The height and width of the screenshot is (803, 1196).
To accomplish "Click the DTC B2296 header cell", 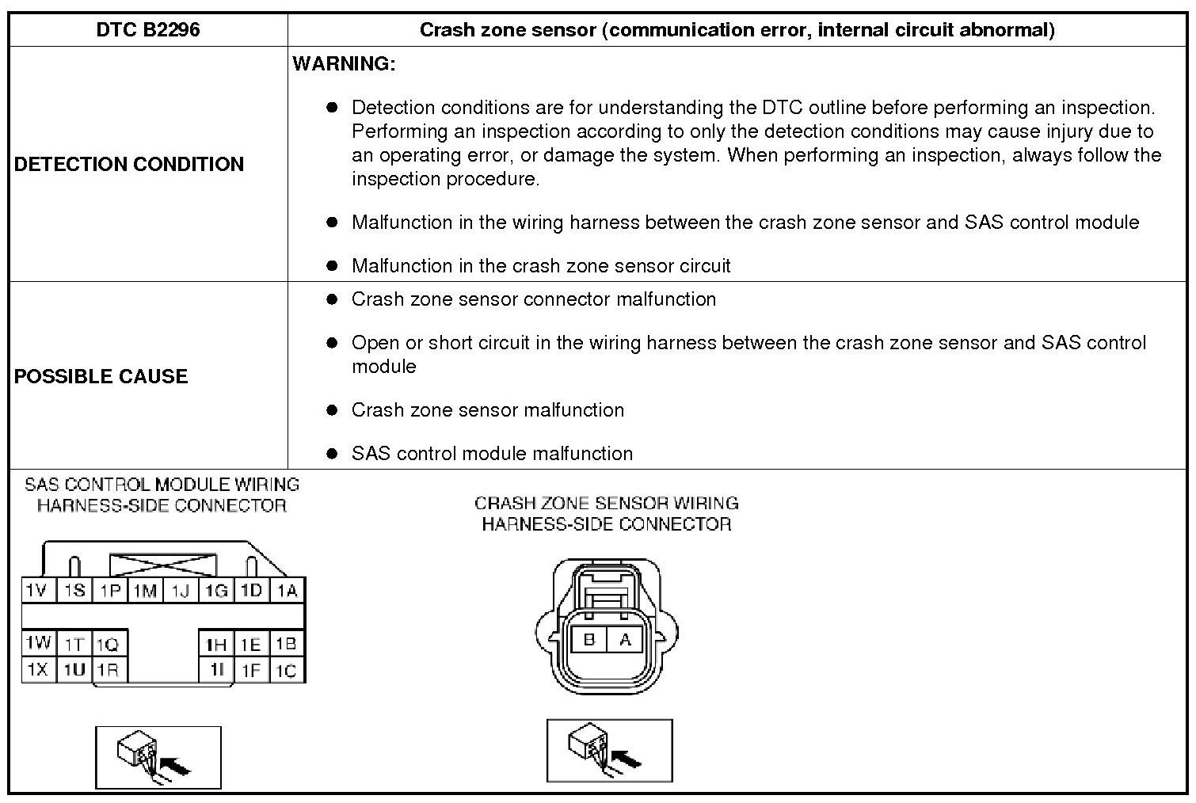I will tap(148, 30).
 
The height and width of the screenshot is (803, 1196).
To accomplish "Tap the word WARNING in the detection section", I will tap(344, 64).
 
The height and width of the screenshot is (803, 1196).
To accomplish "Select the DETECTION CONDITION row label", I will tap(129, 164).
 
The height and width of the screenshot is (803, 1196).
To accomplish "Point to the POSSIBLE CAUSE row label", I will tap(101, 376).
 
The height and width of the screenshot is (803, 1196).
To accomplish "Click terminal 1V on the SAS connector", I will tap(37, 591).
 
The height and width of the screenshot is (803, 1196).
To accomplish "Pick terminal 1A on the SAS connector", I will tap(288, 591).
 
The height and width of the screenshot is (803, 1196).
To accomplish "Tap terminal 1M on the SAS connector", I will tap(145, 591).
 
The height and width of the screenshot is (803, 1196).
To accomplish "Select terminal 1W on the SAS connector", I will tap(37, 642).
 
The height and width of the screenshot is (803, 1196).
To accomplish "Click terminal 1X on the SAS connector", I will tap(37, 670).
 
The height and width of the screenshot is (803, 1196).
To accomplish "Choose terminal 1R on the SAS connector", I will tap(109, 670).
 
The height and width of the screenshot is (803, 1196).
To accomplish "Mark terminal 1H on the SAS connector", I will tap(215, 644).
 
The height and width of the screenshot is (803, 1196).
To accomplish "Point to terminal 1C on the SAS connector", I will tap(286, 671).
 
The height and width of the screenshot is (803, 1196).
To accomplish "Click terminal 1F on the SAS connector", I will tap(250, 671).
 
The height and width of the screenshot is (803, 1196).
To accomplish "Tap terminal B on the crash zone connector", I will tap(588, 639).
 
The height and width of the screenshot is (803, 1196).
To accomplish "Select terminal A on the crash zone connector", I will tap(625, 639).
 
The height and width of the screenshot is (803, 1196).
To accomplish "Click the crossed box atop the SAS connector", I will tap(162, 565).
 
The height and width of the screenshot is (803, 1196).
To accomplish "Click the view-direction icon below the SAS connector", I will tap(158, 757).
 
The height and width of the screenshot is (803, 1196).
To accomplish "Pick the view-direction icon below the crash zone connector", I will tap(609, 750).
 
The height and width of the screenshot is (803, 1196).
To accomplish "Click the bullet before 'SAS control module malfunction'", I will tap(332, 454).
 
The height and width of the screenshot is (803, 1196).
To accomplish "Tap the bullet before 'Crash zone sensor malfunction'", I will tap(332, 410).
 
